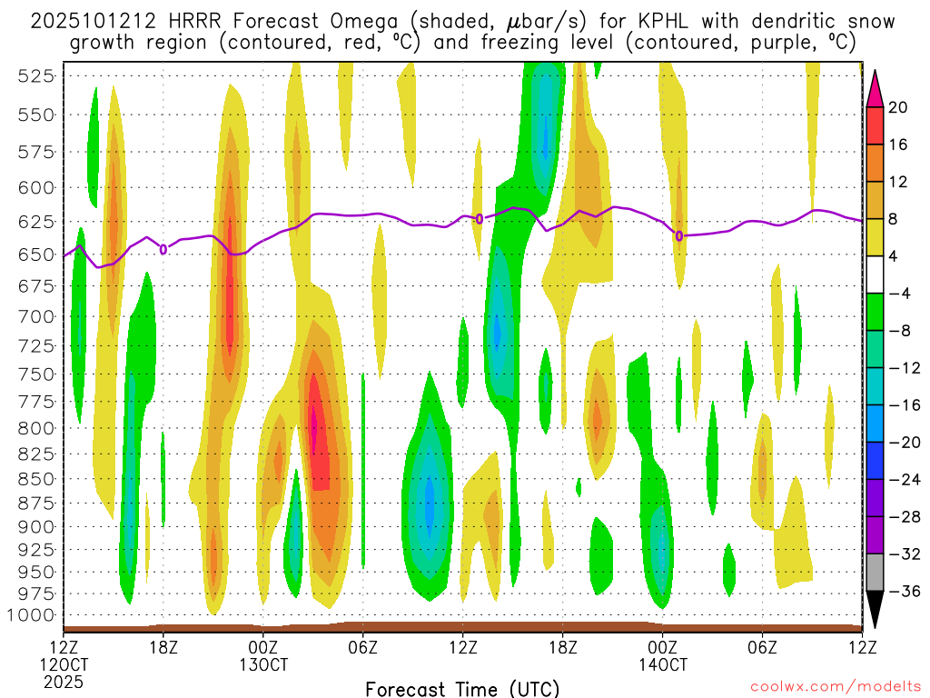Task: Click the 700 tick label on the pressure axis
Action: coord(35,316)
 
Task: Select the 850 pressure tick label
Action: coord(35,478)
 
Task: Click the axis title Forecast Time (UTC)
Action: coord(462,688)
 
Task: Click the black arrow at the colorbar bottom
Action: coord(875,609)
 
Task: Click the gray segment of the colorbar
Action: coord(875,573)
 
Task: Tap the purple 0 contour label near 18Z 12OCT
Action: coord(163,248)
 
